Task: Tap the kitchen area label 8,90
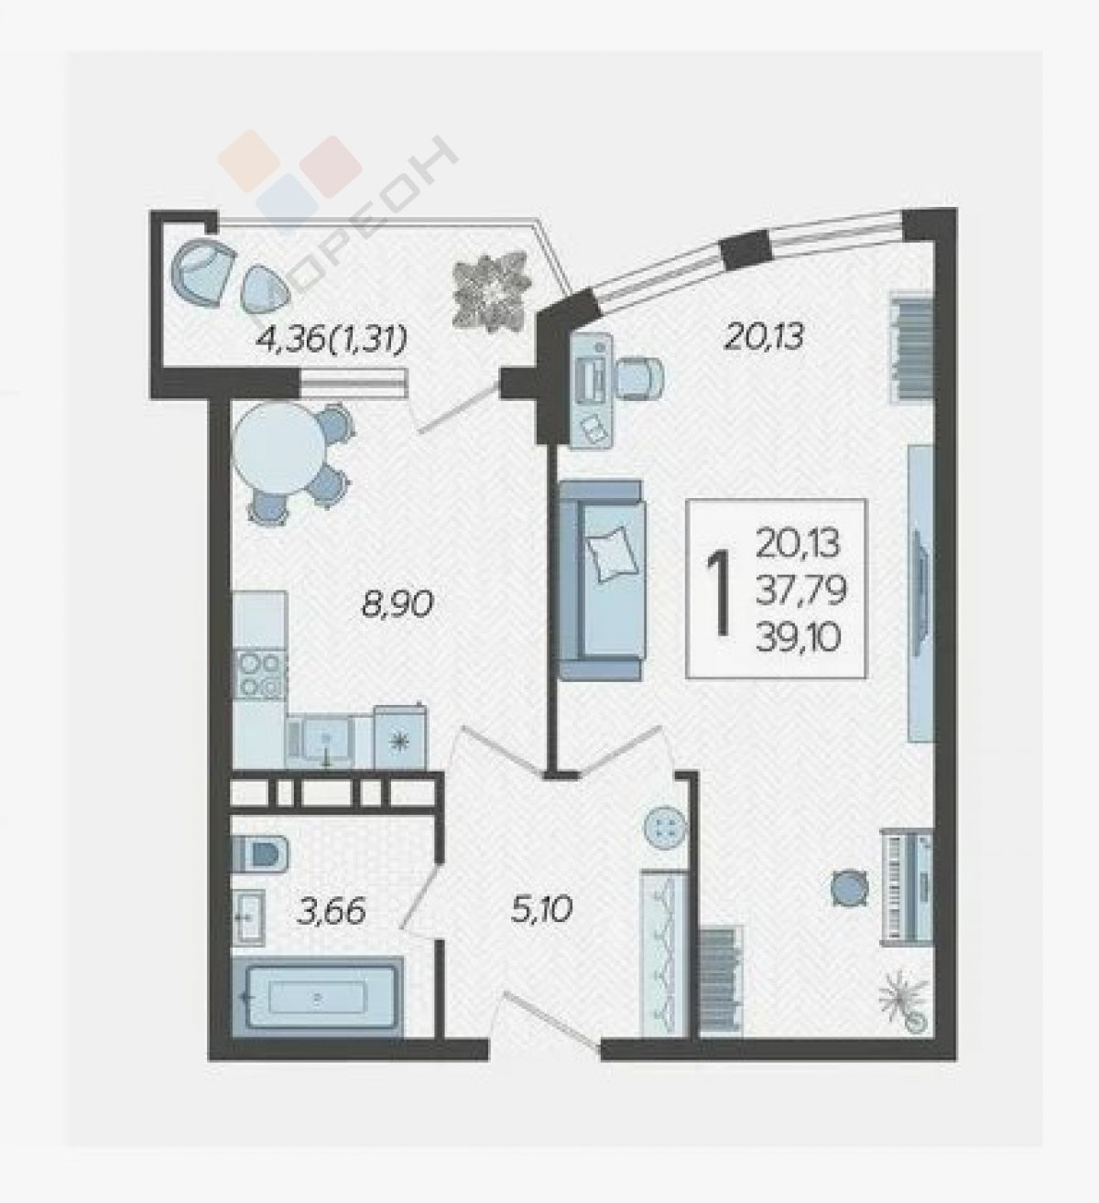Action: pyautogui.click(x=397, y=604)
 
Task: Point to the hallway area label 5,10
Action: pyautogui.click(x=541, y=926)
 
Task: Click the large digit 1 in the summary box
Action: pyautogui.click(x=719, y=592)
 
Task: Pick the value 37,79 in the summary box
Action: pyautogui.click(x=800, y=591)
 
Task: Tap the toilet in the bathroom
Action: pyautogui.click(x=260, y=852)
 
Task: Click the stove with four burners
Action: pyautogui.click(x=259, y=676)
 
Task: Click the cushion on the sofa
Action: pyautogui.click(x=612, y=557)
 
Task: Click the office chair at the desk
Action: pyautogui.click(x=641, y=378)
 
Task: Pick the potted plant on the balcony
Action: pyautogui.click(x=492, y=293)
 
